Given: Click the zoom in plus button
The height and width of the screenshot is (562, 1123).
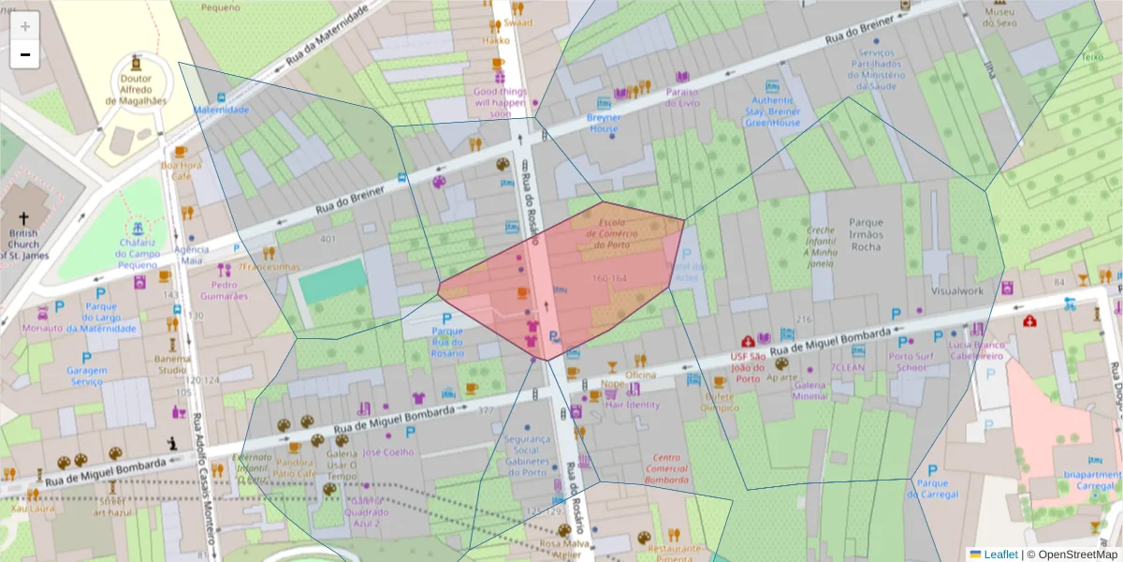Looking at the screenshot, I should tap(25, 26).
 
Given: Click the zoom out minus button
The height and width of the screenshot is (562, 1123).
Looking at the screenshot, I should tap(25, 54).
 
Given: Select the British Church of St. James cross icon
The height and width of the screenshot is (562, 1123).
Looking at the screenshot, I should tap(24, 195).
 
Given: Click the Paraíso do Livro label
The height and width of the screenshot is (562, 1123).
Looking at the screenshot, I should tap(682, 97).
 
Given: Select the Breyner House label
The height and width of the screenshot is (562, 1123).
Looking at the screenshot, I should tap(605, 123).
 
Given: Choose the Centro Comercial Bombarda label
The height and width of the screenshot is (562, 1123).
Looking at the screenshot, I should tap(666, 468).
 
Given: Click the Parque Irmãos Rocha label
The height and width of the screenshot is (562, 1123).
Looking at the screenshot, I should tap(866, 234).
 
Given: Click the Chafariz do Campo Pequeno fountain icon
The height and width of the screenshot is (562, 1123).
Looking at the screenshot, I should tap(138, 228).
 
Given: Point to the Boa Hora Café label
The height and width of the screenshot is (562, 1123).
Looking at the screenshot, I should tap(181, 170).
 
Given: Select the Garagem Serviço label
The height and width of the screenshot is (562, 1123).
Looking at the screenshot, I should tap(86, 376).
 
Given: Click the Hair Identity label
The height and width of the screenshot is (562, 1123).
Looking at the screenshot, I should tap(633, 405).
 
